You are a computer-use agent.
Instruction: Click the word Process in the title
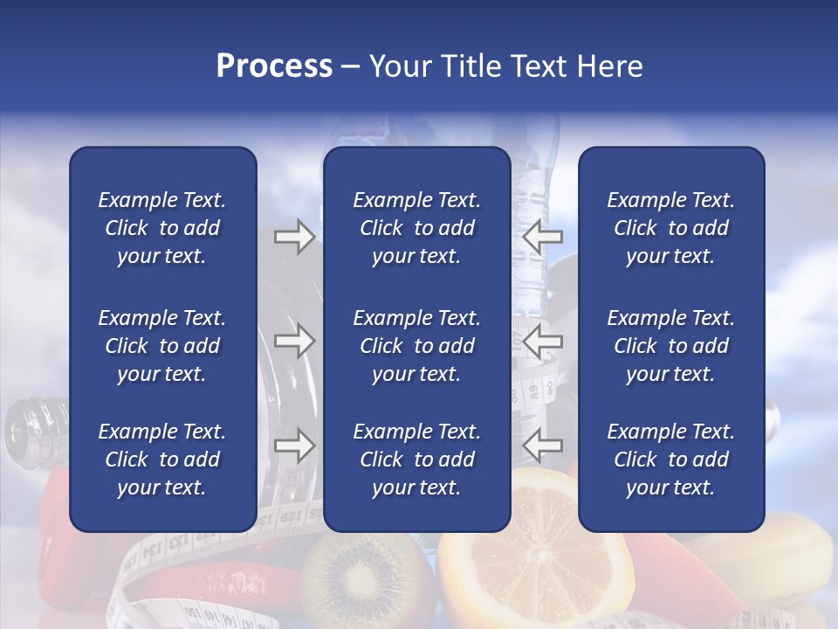point(274,66)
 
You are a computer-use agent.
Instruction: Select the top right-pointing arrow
point(294,237)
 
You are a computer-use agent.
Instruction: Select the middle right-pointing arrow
point(294,342)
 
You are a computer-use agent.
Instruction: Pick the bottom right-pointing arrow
point(294,446)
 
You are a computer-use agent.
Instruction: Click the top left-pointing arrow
point(542,237)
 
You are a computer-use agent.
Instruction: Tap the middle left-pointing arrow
point(542,342)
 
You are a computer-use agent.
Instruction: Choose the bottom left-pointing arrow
point(542,446)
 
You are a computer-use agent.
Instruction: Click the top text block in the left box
point(162,228)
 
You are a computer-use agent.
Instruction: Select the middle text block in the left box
point(162,346)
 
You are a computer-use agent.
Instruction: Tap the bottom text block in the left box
point(162,460)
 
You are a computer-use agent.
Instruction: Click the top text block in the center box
point(416,228)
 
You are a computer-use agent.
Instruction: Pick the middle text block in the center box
point(416,346)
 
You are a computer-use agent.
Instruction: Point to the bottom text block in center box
point(416,460)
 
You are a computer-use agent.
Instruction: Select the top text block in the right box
point(670,228)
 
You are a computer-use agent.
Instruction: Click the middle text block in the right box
point(670,346)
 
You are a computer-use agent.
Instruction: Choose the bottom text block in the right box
point(670,460)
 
